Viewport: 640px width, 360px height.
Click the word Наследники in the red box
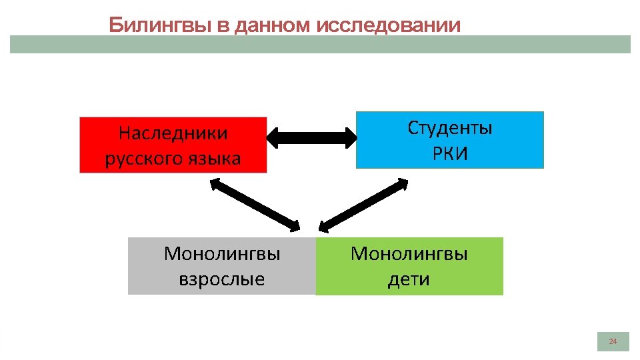tap(173, 133)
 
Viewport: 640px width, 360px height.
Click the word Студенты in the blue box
tap(450, 128)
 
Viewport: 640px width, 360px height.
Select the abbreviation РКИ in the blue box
tap(450, 154)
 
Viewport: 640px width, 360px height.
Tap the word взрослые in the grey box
tap(221, 279)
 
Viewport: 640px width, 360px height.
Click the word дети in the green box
tap(409, 279)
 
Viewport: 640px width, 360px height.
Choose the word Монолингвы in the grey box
tap(221, 254)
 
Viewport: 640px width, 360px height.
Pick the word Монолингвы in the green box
tap(409, 254)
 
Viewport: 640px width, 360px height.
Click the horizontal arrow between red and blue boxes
tap(311, 138)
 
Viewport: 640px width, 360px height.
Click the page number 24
tap(613, 342)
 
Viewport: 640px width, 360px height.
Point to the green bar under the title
tap(320, 45)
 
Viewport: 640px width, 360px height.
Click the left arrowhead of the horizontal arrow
tap(273, 138)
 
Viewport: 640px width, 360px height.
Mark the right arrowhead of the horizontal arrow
tap(351, 138)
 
